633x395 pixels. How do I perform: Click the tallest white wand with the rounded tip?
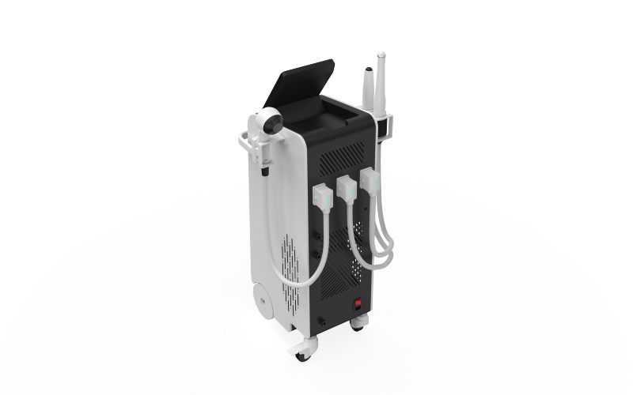[x=381, y=79]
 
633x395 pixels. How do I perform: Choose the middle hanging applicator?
[x=347, y=189]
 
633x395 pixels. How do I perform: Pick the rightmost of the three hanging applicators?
[x=370, y=181]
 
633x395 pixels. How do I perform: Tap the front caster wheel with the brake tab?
[x=303, y=351]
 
